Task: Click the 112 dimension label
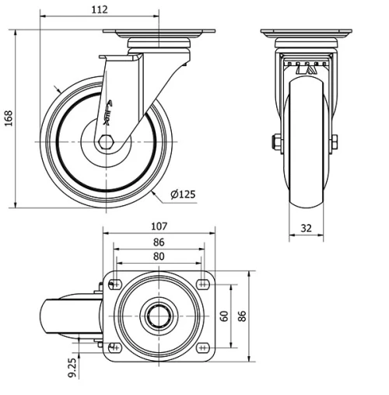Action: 99,9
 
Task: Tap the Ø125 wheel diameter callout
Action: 182,194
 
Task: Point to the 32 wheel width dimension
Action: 306,229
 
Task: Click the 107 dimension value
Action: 159,226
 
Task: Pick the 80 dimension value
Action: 159,256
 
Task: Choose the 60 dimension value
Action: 225,316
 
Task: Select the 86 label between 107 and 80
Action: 159,242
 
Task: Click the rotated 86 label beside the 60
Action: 241,316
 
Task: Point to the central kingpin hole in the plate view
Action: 159,316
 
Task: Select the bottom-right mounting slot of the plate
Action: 203,347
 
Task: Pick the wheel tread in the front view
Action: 305,187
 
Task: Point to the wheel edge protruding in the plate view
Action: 58,316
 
